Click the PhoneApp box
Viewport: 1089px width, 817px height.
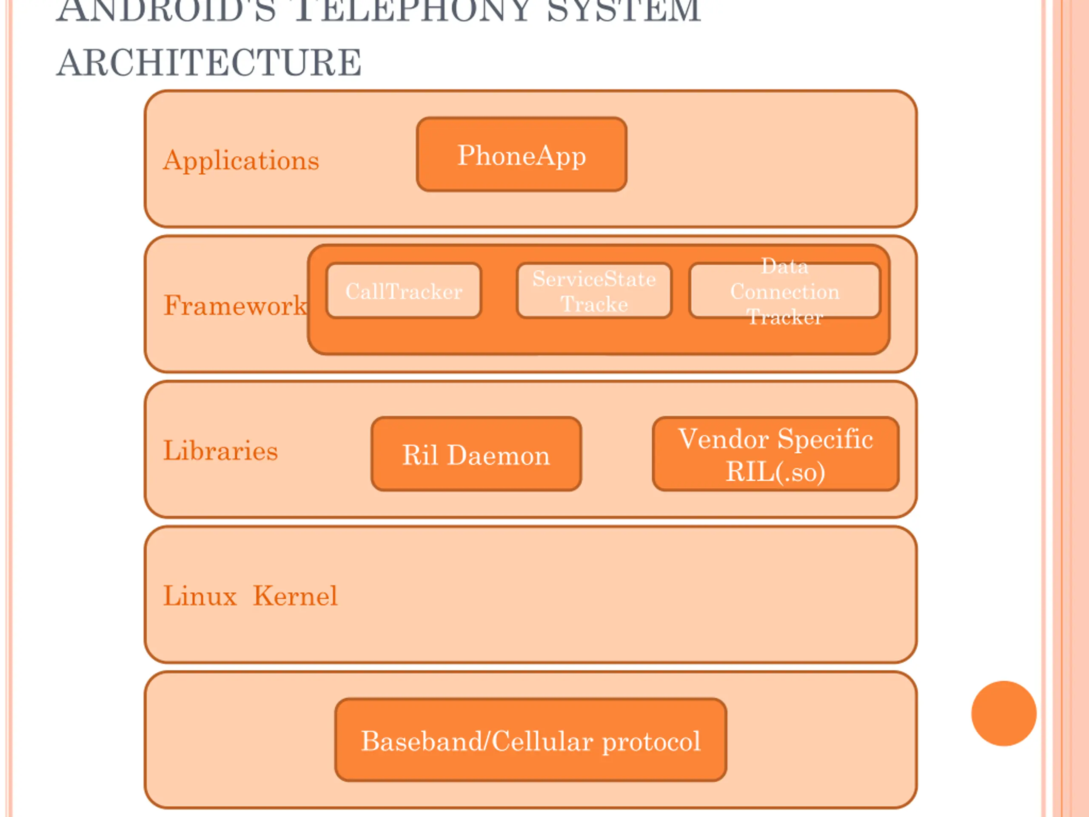522,154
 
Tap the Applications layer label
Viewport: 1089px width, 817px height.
241,160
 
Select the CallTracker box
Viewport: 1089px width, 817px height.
404,291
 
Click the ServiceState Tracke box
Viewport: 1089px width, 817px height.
594,291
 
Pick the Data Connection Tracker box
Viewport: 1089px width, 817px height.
784,291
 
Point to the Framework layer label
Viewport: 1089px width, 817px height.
235,306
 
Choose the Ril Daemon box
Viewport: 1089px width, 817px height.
476,454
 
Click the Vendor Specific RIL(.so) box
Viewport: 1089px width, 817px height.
775,454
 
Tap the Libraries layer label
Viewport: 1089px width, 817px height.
220,451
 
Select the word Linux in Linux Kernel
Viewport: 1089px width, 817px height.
200,596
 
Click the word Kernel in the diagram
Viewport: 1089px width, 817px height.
295,596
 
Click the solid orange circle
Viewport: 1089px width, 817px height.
1004,714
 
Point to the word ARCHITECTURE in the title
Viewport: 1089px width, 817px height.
209,63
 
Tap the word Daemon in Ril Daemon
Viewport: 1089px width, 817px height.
498,455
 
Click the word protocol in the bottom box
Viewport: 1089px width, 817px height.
651,742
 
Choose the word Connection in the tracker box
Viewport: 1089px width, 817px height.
784,292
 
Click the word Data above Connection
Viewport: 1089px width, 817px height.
784,266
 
